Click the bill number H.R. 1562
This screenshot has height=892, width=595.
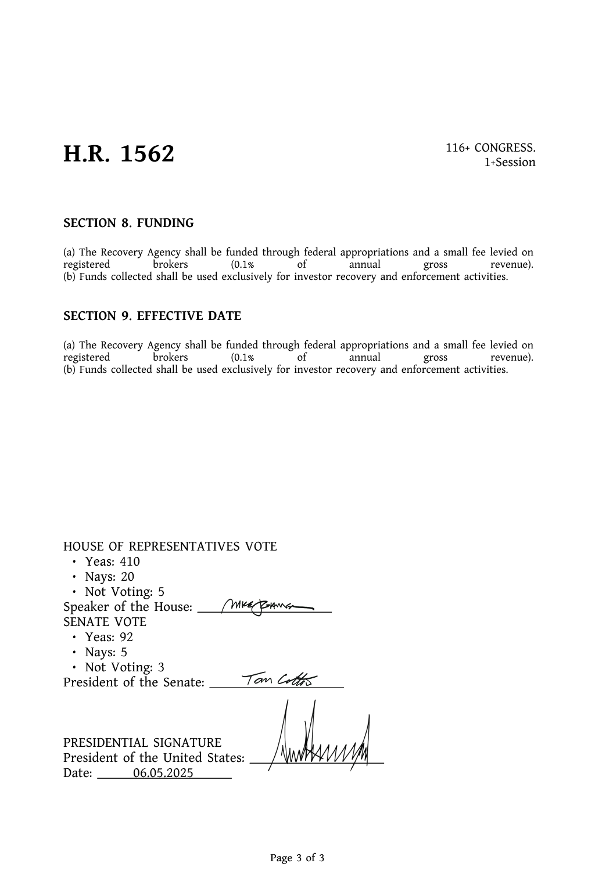(119, 154)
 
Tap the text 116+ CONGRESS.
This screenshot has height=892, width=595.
(490, 148)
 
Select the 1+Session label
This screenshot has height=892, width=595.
(510, 163)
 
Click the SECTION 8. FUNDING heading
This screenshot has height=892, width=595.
(128, 224)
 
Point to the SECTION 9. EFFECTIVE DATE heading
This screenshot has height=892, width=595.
(152, 316)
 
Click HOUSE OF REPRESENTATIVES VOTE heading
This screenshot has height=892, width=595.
(170, 546)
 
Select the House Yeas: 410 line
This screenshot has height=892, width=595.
(112, 562)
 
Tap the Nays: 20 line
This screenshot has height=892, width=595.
(109, 577)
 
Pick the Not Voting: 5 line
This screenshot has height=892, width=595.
(124, 592)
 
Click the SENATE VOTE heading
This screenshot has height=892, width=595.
(105, 622)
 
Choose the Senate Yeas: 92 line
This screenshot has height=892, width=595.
(109, 637)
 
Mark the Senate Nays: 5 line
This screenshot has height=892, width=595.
(106, 652)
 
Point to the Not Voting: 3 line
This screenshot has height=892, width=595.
(124, 667)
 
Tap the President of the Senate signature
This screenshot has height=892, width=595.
(279, 679)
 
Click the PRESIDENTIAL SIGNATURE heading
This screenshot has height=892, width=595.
(142, 743)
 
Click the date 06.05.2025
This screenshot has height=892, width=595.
(163, 774)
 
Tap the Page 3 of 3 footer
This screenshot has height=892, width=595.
(297, 858)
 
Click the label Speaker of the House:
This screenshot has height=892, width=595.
(128, 607)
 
